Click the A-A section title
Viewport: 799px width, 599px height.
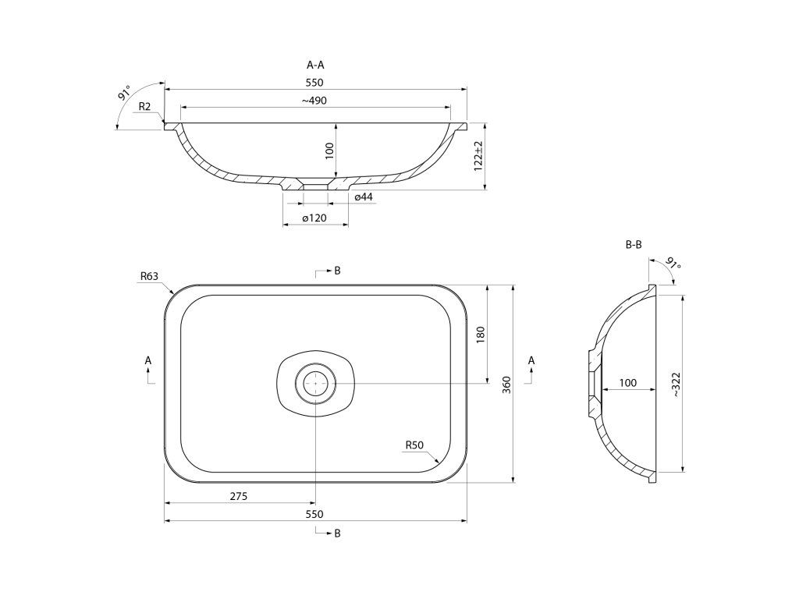315,65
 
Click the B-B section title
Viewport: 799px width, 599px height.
634,244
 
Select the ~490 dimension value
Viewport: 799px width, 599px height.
314,101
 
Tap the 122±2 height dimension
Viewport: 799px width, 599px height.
478,156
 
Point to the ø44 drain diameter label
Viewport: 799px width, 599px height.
364,196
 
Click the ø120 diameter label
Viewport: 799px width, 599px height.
314,218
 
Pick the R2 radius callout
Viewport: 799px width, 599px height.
144,106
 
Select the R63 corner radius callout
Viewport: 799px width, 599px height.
149,276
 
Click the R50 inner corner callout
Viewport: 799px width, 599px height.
414,445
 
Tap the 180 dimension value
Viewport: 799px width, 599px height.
481,334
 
